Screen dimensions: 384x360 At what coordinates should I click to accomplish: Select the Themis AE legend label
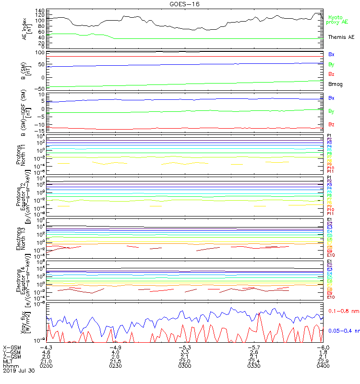pos(341,37)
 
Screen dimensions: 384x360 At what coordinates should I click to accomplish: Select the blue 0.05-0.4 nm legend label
pos(343,331)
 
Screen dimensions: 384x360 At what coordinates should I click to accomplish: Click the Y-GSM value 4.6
pos(46,352)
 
